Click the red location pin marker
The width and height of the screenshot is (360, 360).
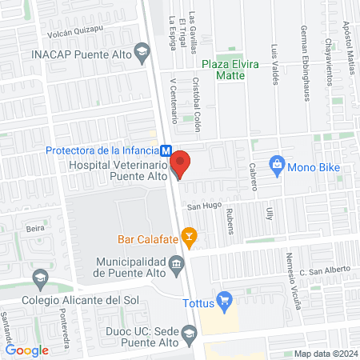181,164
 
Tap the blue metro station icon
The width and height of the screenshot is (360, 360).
166,150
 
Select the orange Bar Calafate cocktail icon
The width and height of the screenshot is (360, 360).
189,235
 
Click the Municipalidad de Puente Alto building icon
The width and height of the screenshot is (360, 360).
176,263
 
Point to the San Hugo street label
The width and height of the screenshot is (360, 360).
204,206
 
